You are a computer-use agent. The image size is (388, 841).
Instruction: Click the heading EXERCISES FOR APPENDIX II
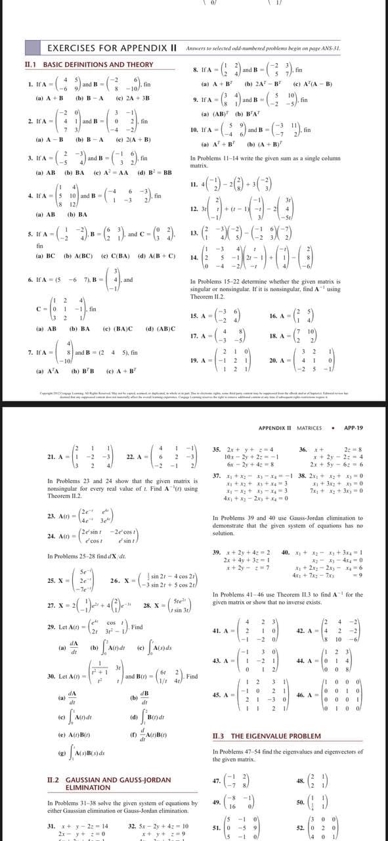[104, 48]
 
